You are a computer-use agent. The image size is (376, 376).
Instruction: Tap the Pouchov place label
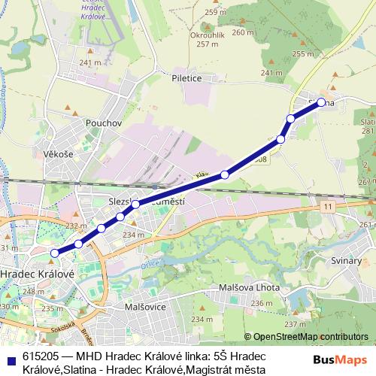click(104, 123)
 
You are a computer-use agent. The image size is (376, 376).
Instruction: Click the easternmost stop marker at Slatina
click(321, 102)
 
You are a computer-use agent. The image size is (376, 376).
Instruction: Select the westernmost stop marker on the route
click(55, 253)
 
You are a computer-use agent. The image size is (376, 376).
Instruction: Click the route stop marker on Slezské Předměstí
click(135, 204)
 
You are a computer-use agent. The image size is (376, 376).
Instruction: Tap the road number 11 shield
click(328, 205)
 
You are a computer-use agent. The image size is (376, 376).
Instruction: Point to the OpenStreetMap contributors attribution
click(306, 337)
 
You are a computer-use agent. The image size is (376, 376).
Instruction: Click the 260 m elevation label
click(243, 32)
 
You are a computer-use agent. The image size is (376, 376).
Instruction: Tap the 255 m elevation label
click(303, 54)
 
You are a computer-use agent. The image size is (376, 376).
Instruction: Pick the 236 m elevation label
click(262, 304)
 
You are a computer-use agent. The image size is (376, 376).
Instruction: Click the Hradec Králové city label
click(38, 274)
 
